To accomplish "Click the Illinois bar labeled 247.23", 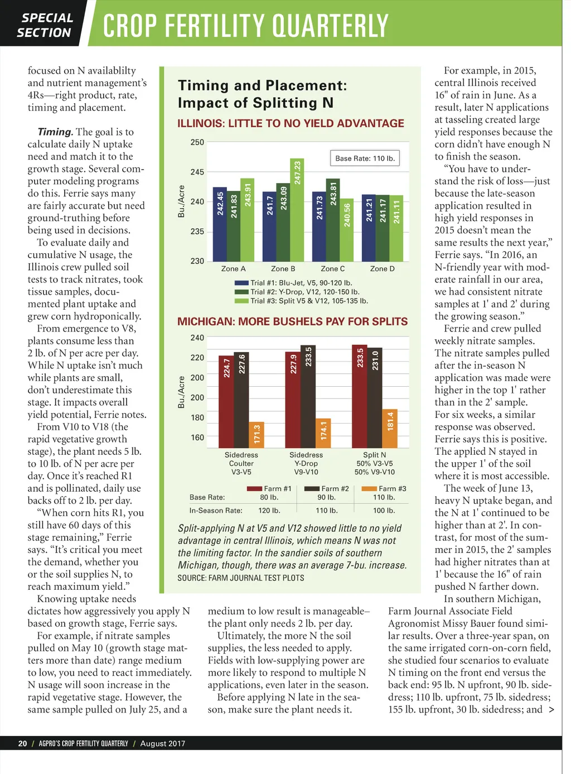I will coord(297,209).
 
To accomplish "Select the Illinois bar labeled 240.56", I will coord(347,229).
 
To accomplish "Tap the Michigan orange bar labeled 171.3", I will coord(256,435).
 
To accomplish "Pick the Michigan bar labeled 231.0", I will coord(375,397).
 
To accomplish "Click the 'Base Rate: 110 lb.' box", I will coord(365,158).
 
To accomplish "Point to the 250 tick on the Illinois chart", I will coord(197,142).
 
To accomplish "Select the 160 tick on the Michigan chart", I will coord(197,438).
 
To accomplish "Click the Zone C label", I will coord(332,268).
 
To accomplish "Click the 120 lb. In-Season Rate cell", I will coord(269,510).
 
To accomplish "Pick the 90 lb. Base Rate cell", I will coord(326,497).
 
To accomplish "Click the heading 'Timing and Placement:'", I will coord(262,85).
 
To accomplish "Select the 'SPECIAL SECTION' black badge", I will coord(44,26).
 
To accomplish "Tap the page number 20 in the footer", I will coord(22,743).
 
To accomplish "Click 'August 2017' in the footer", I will coord(162,743).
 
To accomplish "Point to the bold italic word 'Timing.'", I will coord(55,132).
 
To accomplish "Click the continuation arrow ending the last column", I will coord(551,710).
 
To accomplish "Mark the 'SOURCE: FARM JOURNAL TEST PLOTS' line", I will coord(241,578).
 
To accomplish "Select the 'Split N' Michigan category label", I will coord(374,455).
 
